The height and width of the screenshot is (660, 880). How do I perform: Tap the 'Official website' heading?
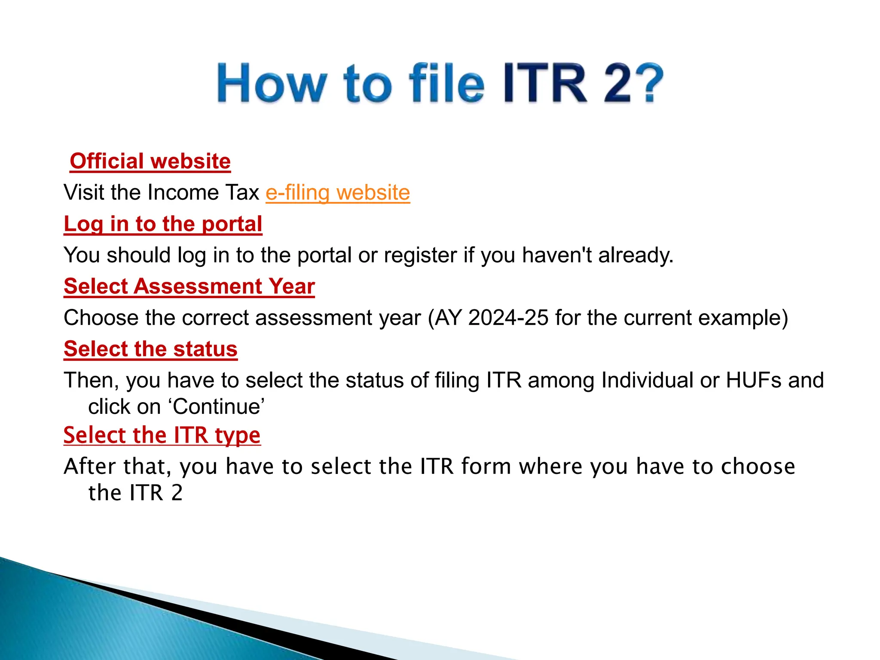(x=150, y=161)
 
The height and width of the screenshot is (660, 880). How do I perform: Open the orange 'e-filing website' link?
(x=338, y=192)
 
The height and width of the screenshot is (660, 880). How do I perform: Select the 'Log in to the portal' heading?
(x=163, y=224)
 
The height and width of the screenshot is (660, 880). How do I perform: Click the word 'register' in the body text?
(x=420, y=255)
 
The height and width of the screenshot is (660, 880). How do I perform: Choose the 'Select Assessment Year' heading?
(x=189, y=286)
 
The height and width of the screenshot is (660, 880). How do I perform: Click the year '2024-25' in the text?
(x=508, y=318)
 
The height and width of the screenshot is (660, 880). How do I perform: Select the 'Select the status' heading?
(x=150, y=349)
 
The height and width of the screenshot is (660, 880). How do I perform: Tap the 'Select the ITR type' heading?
(x=162, y=435)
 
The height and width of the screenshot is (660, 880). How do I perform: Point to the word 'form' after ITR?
(x=486, y=467)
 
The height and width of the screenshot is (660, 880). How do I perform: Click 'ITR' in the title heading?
(x=545, y=83)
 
